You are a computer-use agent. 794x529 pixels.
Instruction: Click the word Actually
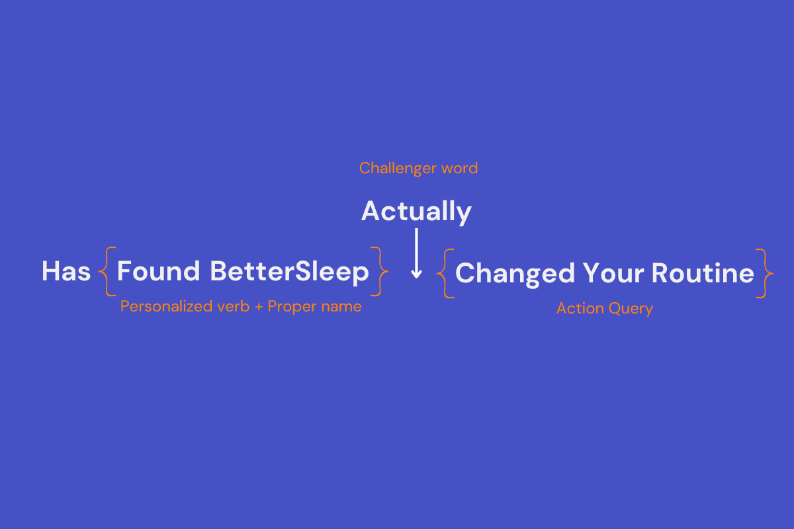[416, 212]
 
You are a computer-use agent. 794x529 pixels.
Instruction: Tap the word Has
[66, 271]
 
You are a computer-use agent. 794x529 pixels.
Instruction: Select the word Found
[158, 271]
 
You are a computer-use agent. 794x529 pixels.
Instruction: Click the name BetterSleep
[290, 272]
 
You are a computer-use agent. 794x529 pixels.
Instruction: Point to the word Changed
[515, 274]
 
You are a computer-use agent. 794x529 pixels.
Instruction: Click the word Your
[613, 273]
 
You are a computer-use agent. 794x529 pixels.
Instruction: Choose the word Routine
[703, 273]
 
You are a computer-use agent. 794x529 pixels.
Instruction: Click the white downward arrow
[416, 253]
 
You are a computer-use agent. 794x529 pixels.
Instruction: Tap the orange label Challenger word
[418, 169]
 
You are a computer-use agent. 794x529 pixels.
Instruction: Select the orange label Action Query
[605, 309]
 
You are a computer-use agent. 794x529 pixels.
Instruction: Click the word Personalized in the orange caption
[166, 306]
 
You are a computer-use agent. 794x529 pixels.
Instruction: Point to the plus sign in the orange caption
[259, 307]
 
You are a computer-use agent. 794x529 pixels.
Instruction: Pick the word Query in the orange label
[631, 309]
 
